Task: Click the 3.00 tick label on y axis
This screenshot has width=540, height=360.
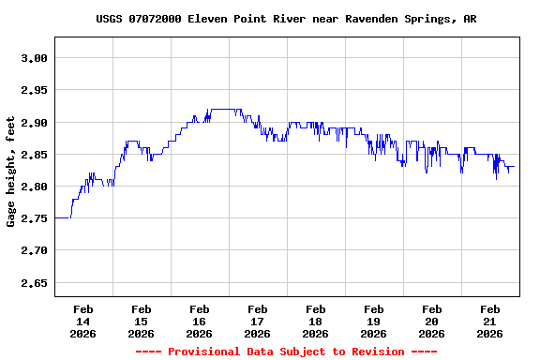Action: (34, 58)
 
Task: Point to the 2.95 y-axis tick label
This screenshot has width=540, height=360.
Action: (34, 90)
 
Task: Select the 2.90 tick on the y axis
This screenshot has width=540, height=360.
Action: (34, 123)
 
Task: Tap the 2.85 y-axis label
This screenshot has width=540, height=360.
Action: (34, 155)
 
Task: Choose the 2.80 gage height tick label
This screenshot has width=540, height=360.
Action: (34, 187)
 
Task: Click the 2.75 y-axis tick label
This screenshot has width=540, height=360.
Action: (34, 218)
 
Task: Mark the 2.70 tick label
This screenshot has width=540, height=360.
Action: (34, 250)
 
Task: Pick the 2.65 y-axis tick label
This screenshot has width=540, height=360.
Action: (34, 282)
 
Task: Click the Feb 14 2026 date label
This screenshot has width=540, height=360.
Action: (83, 321)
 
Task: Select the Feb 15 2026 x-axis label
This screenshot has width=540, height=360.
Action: (142, 321)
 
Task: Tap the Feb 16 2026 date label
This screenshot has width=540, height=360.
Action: (200, 321)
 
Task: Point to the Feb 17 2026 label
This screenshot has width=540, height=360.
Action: (258, 321)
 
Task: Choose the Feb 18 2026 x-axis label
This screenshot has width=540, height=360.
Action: (316, 321)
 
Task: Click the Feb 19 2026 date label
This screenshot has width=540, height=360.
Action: (374, 321)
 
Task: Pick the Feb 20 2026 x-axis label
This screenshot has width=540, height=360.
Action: (432, 321)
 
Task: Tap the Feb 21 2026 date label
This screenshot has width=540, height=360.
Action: (490, 321)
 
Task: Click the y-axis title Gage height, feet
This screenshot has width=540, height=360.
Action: (11, 178)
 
